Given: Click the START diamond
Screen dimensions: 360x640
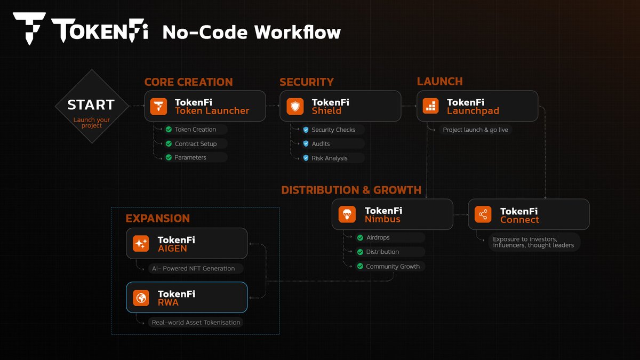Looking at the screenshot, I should [x=92, y=106].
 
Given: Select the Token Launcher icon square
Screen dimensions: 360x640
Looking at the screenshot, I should [x=158, y=106].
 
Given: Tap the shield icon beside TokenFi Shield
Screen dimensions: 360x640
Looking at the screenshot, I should [x=295, y=106].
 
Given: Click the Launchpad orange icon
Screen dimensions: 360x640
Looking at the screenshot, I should [x=430, y=106].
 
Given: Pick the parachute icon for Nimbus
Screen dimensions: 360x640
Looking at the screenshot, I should [x=347, y=214].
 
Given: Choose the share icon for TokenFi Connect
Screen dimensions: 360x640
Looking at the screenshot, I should [x=483, y=214].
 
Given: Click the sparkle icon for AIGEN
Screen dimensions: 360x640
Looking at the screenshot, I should [x=141, y=243].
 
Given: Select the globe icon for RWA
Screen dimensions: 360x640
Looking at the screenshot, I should [x=141, y=298].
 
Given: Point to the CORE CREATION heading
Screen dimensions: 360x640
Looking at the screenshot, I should [x=188, y=82].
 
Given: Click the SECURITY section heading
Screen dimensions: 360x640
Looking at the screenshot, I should [x=307, y=82].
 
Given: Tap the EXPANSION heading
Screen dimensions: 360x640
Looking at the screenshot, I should [x=158, y=219].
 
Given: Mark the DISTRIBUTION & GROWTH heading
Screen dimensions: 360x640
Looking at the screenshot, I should [x=351, y=190].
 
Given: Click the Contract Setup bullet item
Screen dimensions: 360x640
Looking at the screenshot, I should [x=195, y=143].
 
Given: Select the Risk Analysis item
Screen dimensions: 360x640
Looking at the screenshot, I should [x=329, y=158].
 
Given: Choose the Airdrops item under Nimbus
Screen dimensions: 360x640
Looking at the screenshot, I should [x=378, y=237].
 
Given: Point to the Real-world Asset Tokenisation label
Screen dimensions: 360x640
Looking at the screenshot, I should [x=196, y=322].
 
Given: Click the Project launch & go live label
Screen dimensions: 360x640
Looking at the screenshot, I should [x=475, y=130].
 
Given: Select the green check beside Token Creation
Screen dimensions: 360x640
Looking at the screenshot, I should [x=169, y=130].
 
